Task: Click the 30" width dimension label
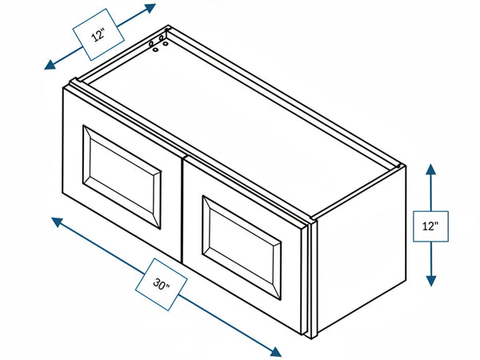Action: (162, 284)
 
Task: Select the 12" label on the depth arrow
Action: (98, 34)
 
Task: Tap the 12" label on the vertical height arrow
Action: (430, 226)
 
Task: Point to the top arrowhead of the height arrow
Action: (430, 169)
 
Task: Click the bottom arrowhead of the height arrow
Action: (430, 281)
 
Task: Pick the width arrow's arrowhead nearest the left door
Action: (57, 222)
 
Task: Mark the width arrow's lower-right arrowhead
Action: (275, 352)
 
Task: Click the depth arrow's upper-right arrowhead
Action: (150, 8)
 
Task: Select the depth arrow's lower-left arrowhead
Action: (50, 65)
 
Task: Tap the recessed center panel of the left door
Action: (122, 177)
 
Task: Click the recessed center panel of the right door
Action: (242, 247)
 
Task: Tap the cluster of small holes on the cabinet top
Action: (158, 43)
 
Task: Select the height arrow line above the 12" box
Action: (430, 192)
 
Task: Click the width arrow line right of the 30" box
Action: (226, 322)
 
